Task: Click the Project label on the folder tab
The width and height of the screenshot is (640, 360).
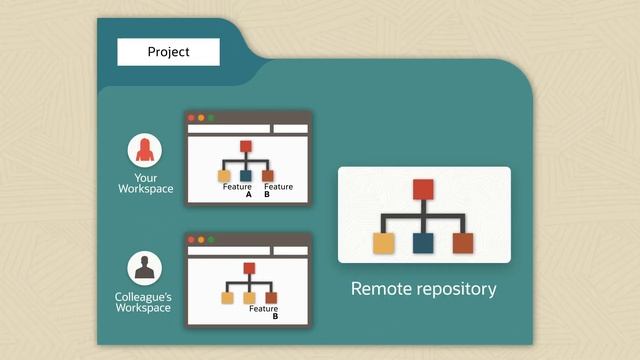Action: pyautogui.click(x=168, y=52)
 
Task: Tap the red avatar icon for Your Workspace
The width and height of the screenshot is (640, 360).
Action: pyautogui.click(x=145, y=151)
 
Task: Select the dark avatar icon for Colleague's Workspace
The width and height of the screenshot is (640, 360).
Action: pyautogui.click(x=145, y=268)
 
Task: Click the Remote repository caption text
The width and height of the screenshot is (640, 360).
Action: pyautogui.click(x=424, y=289)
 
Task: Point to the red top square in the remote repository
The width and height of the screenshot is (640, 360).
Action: pyautogui.click(x=424, y=189)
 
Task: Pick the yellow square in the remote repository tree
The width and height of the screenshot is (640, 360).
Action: pyautogui.click(x=385, y=242)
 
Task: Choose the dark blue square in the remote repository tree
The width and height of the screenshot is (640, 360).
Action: pyautogui.click(x=424, y=242)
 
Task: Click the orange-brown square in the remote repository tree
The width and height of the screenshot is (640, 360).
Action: pyautogui.click(x=463, y=242)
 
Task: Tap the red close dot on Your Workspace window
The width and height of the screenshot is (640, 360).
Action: pyautogui.click(x=191, y=118)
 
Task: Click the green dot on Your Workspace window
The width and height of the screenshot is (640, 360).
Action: pyautogui.click(x=211, y=118)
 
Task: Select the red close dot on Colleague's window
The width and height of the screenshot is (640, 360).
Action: pyautogui.click(x=191, y=240)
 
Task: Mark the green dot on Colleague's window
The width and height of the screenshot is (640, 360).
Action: pyautogui.click(x=211, y=240)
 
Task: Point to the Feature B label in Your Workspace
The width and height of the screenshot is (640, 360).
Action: pyautogui.click(x=278, y=191)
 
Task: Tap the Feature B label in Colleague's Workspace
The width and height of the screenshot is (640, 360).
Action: pyautogui.click(x=265, y=313)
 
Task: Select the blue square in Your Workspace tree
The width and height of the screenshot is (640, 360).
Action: pyautogui.click(x=247, y=176)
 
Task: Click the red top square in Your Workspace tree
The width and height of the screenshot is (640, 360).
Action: pyautogui.click(x=246, y=147)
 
